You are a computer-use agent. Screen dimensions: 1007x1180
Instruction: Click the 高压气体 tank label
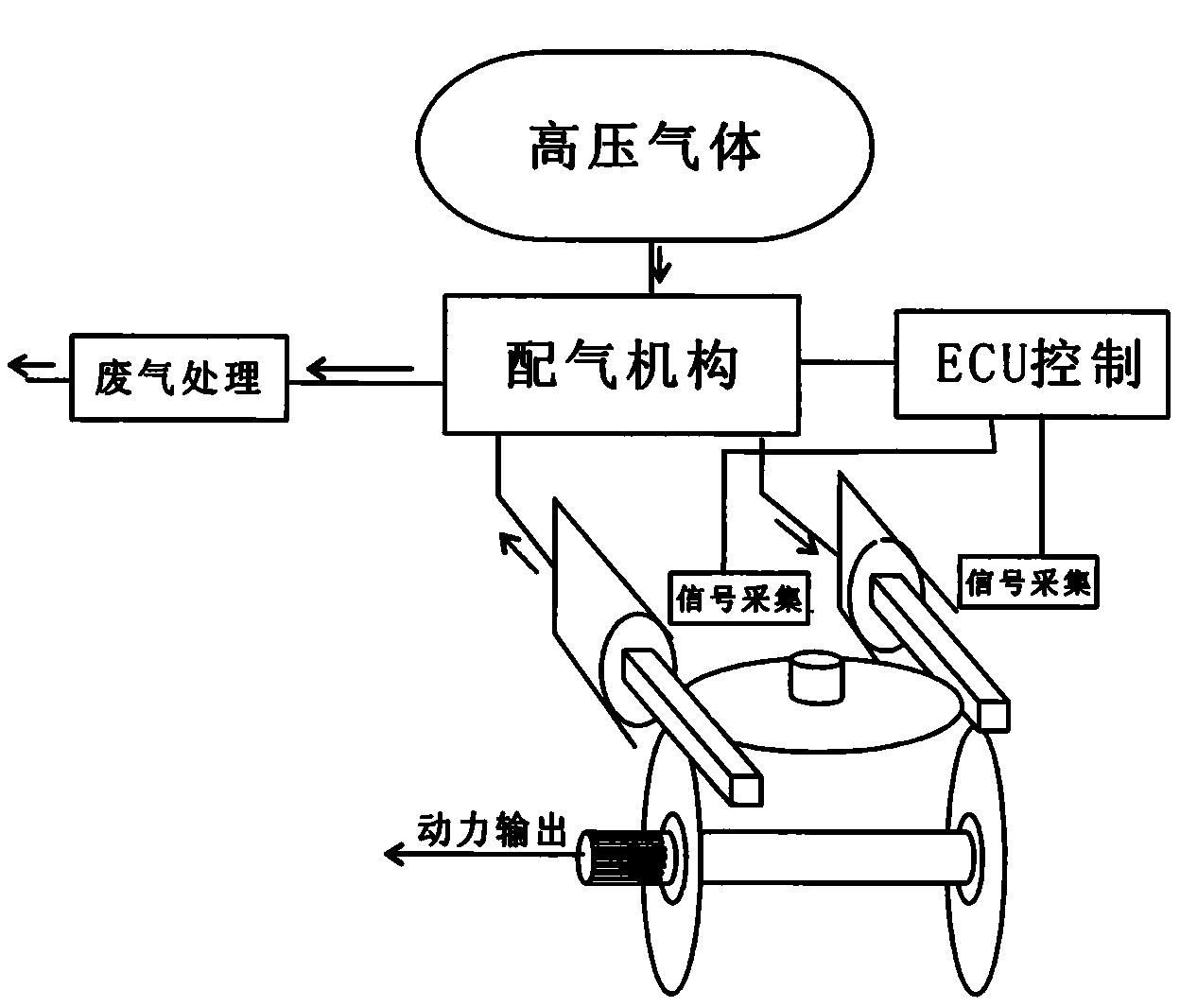(645, 148)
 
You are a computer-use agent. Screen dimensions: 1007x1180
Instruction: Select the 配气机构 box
(621, 364)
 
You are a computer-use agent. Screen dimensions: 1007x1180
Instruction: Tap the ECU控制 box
(1031, 363)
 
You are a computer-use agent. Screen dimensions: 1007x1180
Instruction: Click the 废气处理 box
(179, 377)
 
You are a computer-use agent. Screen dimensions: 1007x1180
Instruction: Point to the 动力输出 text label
(492, 831)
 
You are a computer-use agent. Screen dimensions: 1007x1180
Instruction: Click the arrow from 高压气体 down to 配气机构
(659, 265)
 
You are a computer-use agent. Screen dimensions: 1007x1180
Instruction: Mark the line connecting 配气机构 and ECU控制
(847, 362)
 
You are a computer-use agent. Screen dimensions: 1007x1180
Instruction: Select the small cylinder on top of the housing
(814, 679)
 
